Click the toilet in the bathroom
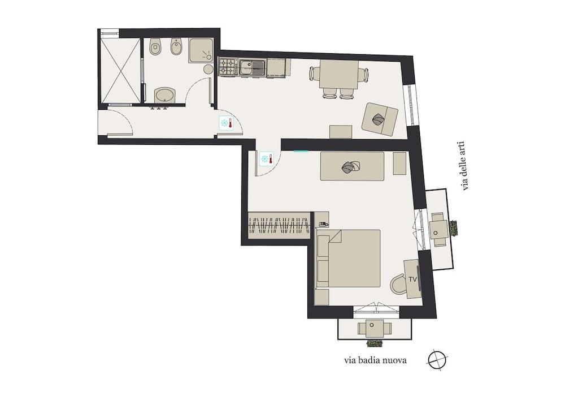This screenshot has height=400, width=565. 155,46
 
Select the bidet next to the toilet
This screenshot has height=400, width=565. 176,46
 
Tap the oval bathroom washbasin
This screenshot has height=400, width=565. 164,95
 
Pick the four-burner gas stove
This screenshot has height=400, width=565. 228,67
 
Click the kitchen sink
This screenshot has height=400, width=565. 252,67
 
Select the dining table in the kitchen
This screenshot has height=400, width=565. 338,75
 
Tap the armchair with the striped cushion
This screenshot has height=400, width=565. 380,119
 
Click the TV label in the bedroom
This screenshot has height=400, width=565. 413,279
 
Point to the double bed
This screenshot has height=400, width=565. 348,258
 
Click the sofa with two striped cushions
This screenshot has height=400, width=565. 352,166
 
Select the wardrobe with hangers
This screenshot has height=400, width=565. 279,225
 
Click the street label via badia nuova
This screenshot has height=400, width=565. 376,360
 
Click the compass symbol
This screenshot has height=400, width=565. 437,360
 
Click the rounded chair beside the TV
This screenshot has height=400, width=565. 398,283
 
